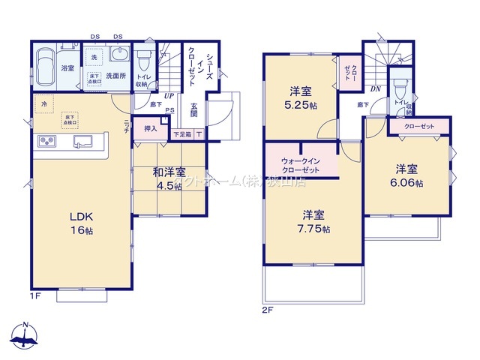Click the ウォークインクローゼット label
[x=301, y=165]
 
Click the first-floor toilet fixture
[x=145, y=58]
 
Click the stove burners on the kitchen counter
[x=43, y=142]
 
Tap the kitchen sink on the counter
[x=83, y=141]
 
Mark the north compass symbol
[x=25, y=336]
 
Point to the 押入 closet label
[x=150, y=128]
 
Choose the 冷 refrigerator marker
[x=44, y=103]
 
